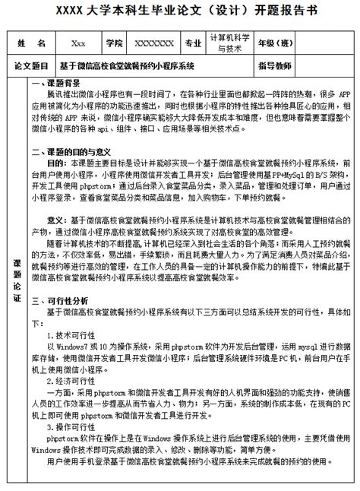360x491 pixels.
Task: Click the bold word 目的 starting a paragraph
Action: (x=56, y=163)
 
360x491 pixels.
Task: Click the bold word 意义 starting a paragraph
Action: (x=56, y=219)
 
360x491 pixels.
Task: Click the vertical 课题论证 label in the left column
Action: (x=18, y=281)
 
